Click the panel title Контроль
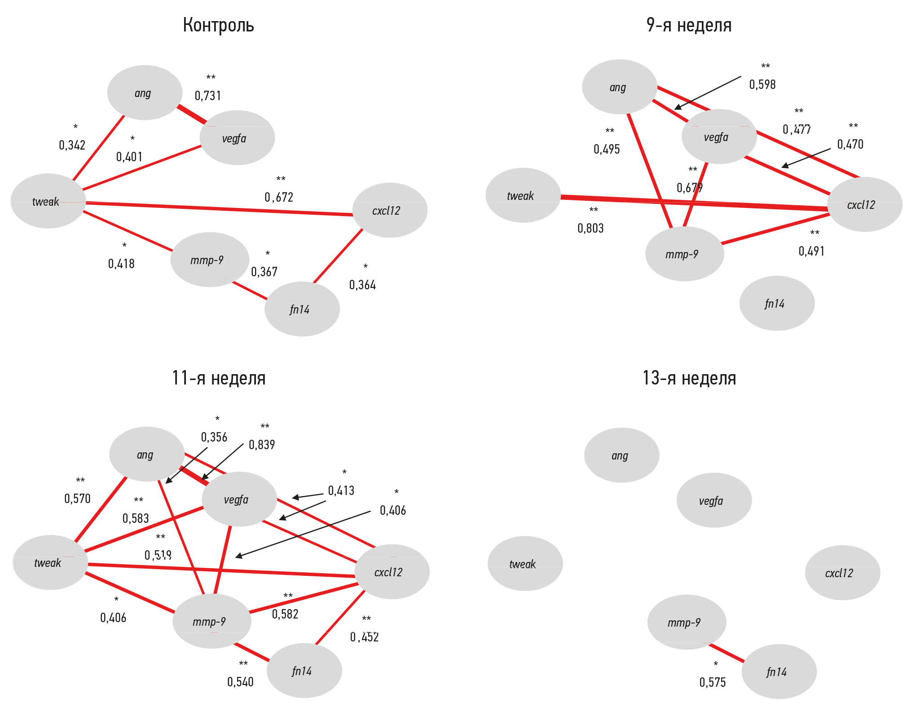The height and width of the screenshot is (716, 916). pyautogui.click(x=218, y=26)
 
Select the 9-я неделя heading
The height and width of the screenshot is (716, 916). pyautogui.click(x=689, y=26)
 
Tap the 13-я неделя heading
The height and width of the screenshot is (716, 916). pyautogui.click(x=689, y=378)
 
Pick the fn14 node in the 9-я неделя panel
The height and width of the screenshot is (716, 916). pyautogui.click(x=777, y=304)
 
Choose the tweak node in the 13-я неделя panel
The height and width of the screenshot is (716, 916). pyautogui.click(x=525, y=564)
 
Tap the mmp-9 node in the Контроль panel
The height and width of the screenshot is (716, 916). pyautogui.click(x=209, y=260)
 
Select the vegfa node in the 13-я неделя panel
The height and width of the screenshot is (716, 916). pyautogui.click(x=714, y=500)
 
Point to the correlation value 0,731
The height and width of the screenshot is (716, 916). pyautogui.click(x=208, y=96)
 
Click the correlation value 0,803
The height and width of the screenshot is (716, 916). pyautogui.click(x=590, y=228)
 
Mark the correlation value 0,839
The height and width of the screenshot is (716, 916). pyautogui.click(x=262, y=445)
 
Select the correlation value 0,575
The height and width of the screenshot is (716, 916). pyautogui.click(x=713, y=682)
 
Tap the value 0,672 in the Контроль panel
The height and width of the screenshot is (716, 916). pyautogui.click(x=279, y=197)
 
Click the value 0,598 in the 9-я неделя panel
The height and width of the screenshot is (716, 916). pyautogui.click(x=762, y=84)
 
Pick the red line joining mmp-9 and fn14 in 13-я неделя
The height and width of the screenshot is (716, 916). pyautogui.click(x=727, y=653)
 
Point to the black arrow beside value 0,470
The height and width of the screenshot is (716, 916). pyautogui.click(x=806, y=158)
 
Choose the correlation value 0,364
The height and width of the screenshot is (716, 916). pyautogui.click(x=362, y=285)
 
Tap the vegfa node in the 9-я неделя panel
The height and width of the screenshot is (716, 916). pyautogui.click(x=719, y=137)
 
